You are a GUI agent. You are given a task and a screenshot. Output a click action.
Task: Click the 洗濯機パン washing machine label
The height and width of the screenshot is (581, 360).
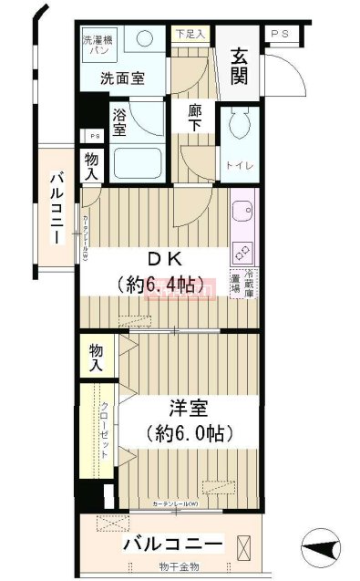[x=96, y=46]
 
